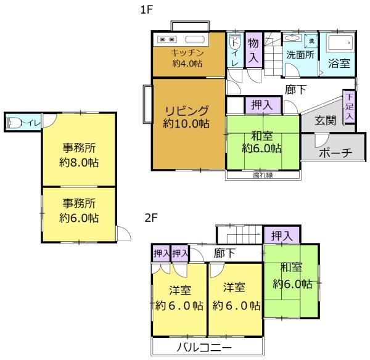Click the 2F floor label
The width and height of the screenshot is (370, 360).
pyautogui.click(x=150, y=218)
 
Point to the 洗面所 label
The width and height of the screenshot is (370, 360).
pyautogui.click(x=300, y=54)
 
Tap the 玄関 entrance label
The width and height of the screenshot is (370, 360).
pyautogui.click(x=326, y=121)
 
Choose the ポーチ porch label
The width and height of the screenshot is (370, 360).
pyautogui.click(x=335, y=153)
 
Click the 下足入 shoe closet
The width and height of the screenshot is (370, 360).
pyautogui.click(x=349, y=107)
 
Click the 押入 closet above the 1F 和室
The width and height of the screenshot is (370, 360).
pyautogui.click(x=261, y=105)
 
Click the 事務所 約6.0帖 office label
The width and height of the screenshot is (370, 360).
pyautogui.click(x=79, y=210)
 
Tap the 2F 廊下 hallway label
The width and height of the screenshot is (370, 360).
pyautogui.click(x=224, y=253)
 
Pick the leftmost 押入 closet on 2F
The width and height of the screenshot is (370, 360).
pyautogui.click(x=160, y=253)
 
